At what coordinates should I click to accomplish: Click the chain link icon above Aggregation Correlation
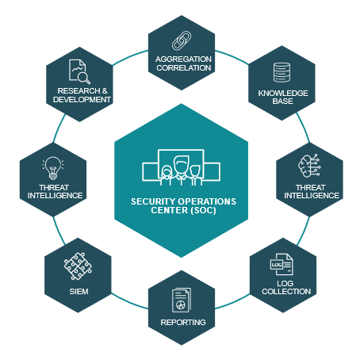(x=182, y=40)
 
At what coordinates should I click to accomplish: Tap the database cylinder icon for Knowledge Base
(x=281, y=72)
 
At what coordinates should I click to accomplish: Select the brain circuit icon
(x=309, y=166)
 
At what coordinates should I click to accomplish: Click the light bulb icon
(x=53, y=168)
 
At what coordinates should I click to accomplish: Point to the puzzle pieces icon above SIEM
(x=78, y=266)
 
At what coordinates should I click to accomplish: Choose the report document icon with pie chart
(x=182, y=300)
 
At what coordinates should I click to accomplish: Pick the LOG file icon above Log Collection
(x=281, y=264)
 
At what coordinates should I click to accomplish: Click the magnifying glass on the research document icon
(x=84, y=78)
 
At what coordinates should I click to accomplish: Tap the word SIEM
(x=79, y=291)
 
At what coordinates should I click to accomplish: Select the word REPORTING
(x=183, y=322)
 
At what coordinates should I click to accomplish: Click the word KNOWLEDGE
(x=283, y=93)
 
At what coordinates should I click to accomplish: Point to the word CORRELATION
(x=183, y=67)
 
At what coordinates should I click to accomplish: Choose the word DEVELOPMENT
(x=82, y=99)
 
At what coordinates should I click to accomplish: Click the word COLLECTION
(x=286, y=291)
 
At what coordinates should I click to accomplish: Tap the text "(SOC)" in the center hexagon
(x=203, y=210)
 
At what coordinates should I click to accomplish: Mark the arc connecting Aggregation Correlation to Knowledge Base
(x=232, y=56)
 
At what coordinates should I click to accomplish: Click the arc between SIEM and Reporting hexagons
(x=129, y=302)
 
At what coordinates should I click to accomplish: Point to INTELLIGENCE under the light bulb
(x=55, y=195)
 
